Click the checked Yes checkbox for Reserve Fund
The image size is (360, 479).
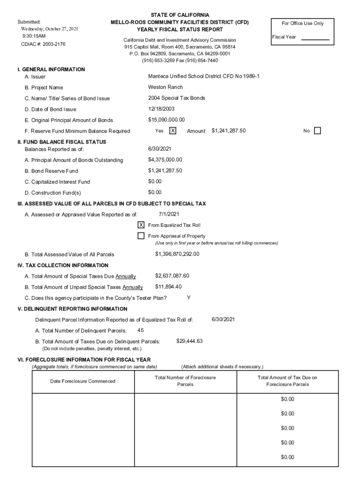click(x=173, y=131)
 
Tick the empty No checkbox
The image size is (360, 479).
click(x=317, y=131)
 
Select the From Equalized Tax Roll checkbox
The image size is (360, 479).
click(x=141, y=225)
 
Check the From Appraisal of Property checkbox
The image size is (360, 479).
click(x=141, y=236)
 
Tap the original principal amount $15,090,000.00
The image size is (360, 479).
click(x=166, y=120)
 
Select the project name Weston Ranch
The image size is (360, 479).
click(x=165, y=87)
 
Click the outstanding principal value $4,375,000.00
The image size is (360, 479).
click(x=165, y=160)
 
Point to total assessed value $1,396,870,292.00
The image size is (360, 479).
click(x=177, y=254)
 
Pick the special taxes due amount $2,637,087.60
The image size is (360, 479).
click(x=172, y=276)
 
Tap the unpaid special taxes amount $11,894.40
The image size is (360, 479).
click(x=168, y=287)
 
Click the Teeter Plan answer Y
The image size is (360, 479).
click(x=188, y=298)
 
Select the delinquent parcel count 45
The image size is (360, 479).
click(x=134, y=330)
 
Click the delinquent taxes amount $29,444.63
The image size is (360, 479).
click(x=189, y=341)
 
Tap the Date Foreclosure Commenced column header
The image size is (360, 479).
click(x=82, y=381)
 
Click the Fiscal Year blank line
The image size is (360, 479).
click(x=315, y=39)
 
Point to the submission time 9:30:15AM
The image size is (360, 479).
click(x=34, y=36)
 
